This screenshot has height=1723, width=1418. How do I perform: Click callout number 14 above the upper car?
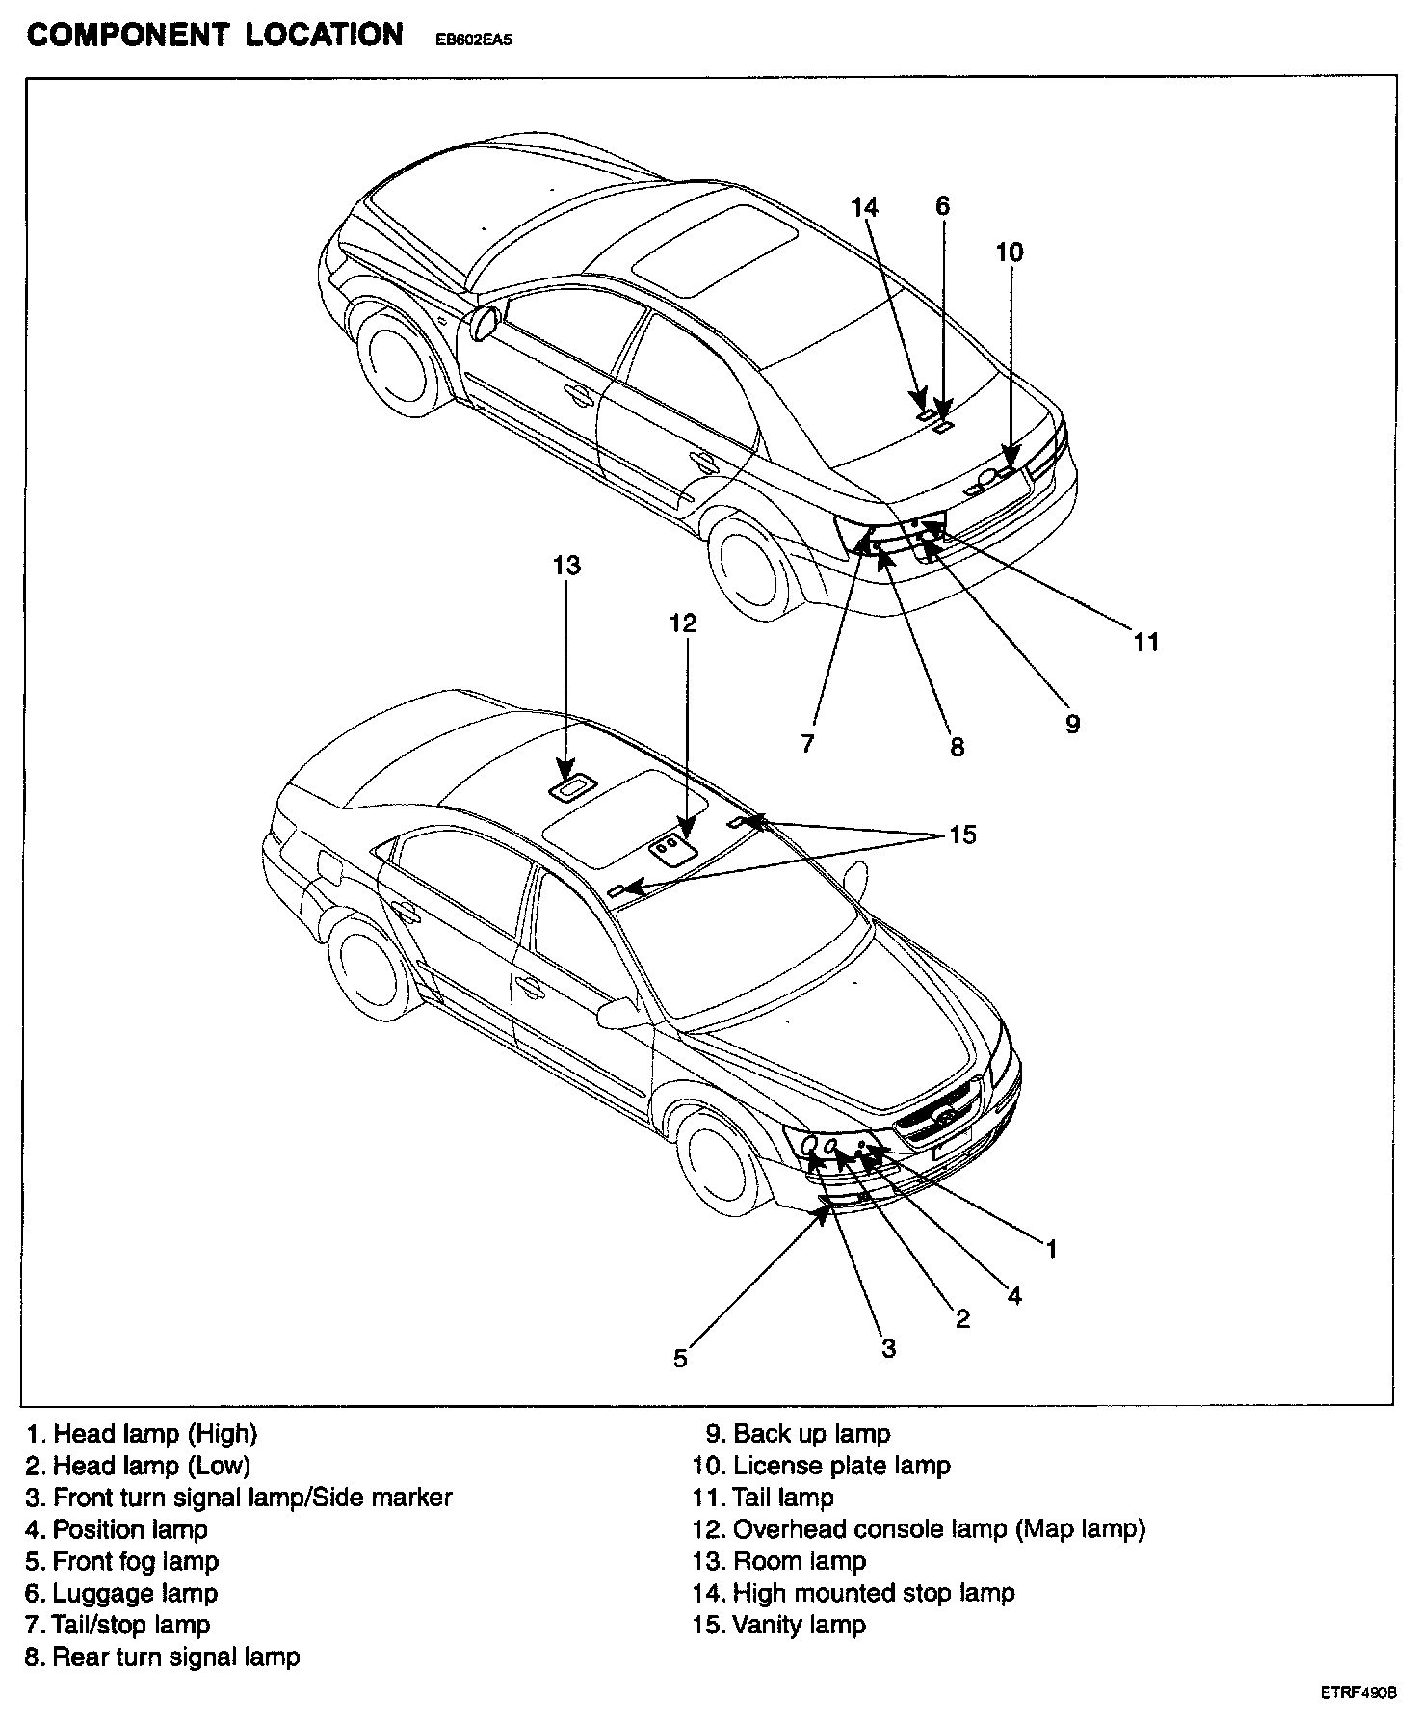[864, 206]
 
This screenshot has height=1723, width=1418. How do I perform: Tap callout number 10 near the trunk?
[1009, 252]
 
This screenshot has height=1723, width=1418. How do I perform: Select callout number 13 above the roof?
[566, 565]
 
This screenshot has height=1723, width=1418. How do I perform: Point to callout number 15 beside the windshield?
[962, 835]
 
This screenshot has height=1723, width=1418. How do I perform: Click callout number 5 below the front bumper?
[680, 1359]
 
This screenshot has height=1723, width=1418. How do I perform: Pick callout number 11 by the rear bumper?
[1145, 642]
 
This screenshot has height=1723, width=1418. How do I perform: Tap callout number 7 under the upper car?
[807, 743]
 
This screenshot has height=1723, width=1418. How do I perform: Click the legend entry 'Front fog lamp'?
[122, 1561]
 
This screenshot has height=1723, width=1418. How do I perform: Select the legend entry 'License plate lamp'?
[821, 1466]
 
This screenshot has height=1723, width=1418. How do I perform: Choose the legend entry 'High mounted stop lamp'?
[853, 1593]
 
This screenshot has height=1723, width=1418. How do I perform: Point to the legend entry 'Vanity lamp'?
[778, 1625]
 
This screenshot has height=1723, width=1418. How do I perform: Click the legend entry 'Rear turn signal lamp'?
[163, 1657]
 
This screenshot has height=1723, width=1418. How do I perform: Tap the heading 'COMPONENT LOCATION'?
[215, 35]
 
